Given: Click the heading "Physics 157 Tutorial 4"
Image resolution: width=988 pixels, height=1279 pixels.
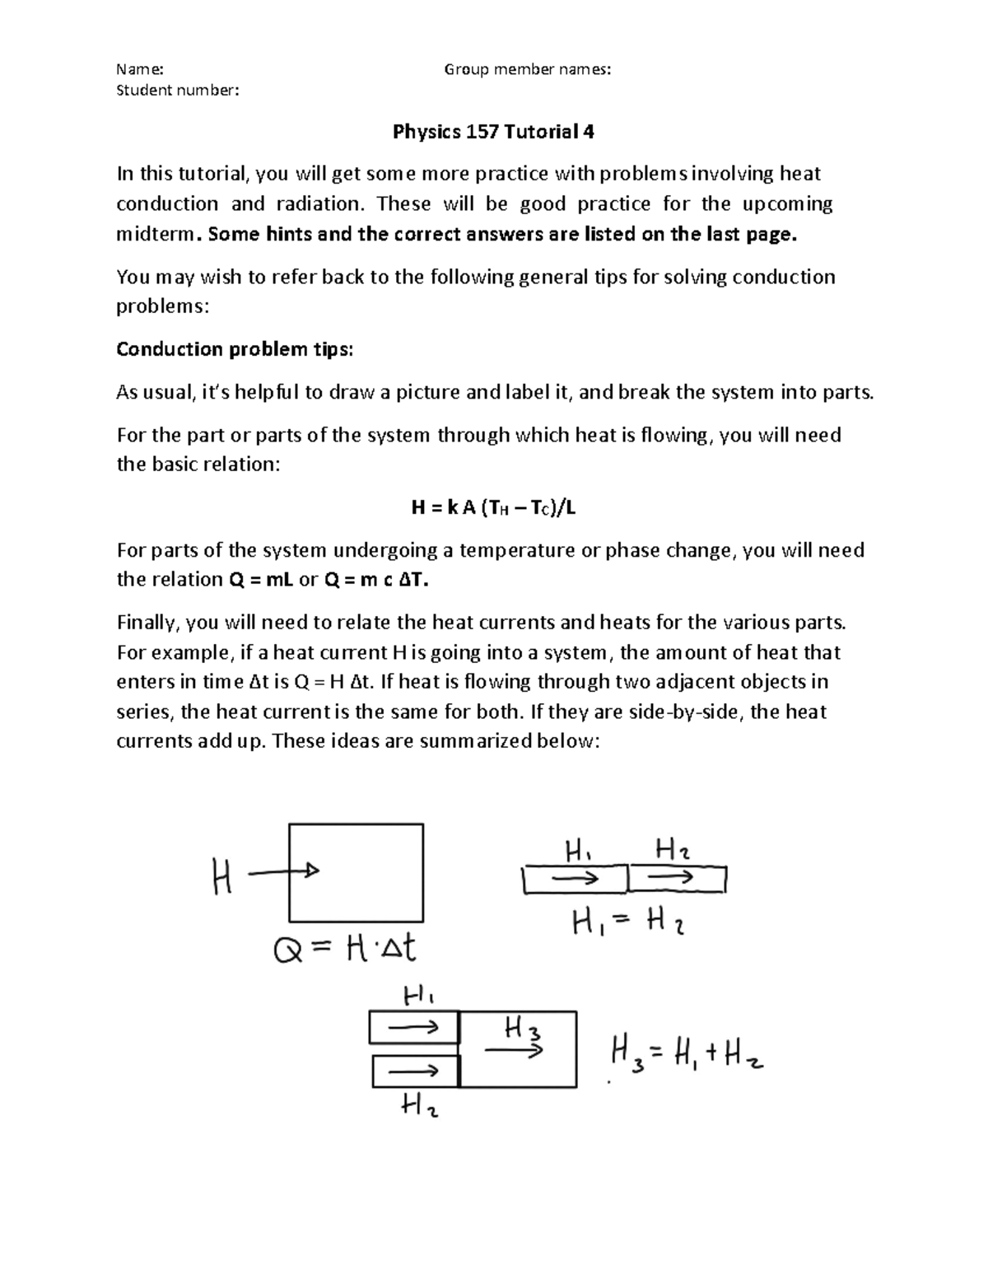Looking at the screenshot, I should tap(493, 132).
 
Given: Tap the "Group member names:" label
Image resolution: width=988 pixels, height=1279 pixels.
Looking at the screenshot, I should tap(528, 70).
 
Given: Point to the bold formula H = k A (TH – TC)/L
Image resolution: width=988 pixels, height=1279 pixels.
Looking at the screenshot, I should tap(493, 508).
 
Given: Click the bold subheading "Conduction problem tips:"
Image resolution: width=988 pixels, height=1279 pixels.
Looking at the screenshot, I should tap(235, 349).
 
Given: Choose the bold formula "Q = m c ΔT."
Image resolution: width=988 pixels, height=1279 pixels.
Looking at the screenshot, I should tap(376, 580).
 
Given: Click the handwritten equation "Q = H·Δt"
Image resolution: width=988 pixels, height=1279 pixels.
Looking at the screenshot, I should tap(344, 950).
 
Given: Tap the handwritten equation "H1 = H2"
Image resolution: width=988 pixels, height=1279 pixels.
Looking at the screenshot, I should tap(629, 924).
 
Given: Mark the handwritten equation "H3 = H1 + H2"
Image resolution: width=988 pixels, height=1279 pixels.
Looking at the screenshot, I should tap(687, 1053).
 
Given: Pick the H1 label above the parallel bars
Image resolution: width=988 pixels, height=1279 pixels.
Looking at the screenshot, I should tap(418, 996).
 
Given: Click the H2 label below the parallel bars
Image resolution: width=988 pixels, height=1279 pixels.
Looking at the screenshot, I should tap(419, 1107).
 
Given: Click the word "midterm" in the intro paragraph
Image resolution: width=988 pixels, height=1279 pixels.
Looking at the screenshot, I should tap(156, 234).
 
